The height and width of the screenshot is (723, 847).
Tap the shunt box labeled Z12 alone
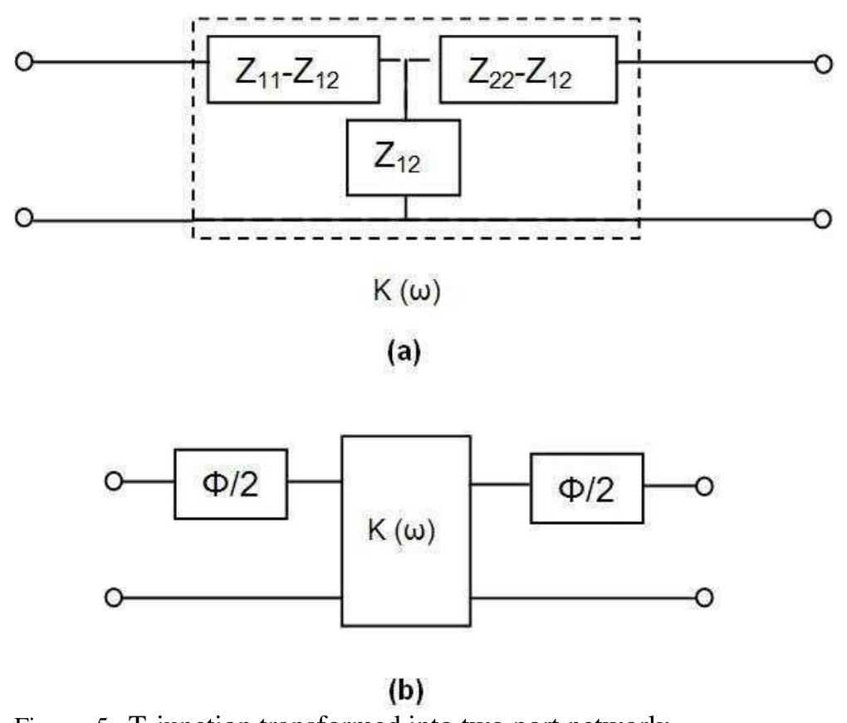[x=405, y=158]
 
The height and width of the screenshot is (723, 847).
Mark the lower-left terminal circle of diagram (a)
[x=26, y=219]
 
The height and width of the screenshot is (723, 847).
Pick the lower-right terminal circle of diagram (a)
[x=824, y=219]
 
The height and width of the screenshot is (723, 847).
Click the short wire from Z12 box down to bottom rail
[x=405, y=208]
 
